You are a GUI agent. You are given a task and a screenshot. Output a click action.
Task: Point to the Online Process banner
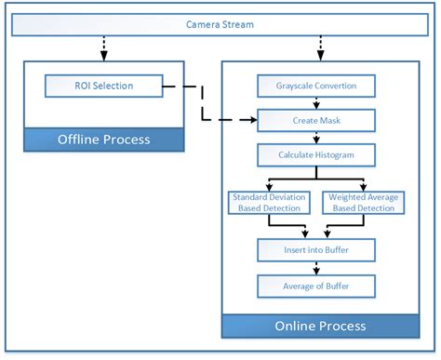pyautogui.click(x=321, y=326)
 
